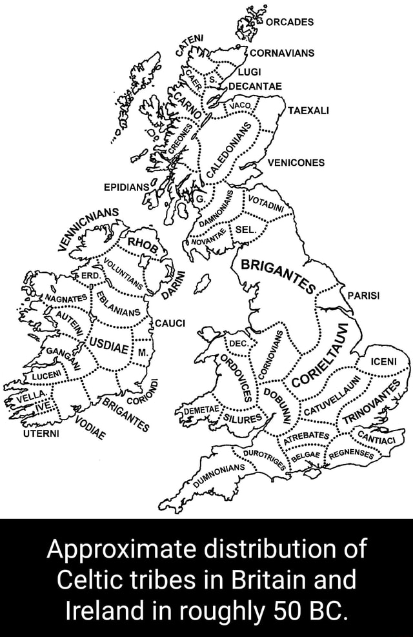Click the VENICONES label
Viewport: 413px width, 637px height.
[x=294, y=163]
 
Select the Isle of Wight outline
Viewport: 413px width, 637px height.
[x=312, y=474]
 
